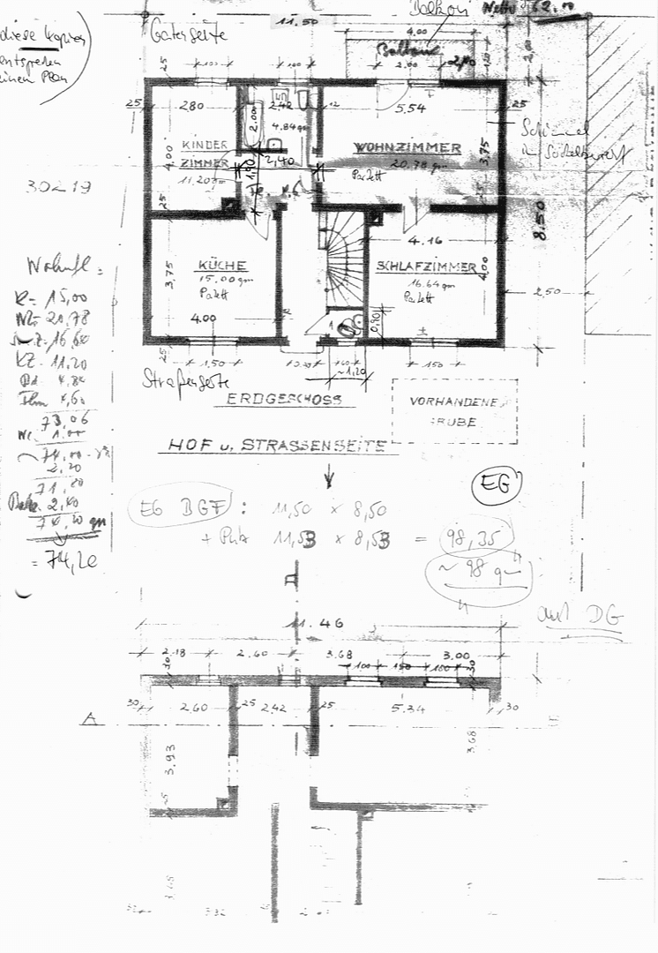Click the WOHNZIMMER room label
coord(407,147)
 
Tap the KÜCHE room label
coord(222,265)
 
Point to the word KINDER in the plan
coord(206,145)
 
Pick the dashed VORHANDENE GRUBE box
coord(454,411)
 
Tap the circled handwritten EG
coord(496,485)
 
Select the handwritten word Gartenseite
coord(189,35)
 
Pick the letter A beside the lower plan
coord(88,720)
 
